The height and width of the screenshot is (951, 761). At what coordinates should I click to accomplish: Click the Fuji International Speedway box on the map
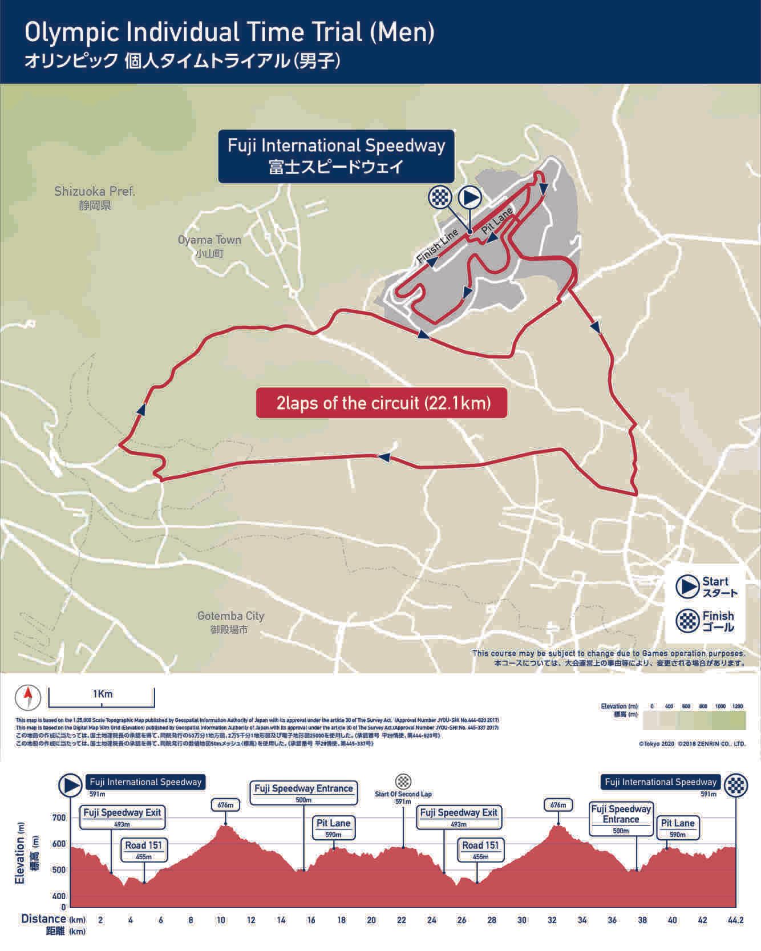pos(336,156)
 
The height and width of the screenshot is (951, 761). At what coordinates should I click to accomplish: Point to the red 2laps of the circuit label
pos(382,403)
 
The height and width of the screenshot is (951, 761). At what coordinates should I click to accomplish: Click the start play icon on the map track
pos(470,197)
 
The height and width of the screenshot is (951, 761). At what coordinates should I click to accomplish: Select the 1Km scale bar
pos(102,697)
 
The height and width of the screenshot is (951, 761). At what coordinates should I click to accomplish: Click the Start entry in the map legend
pos(706,586)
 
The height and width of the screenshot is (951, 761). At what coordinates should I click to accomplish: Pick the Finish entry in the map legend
pos(706,621)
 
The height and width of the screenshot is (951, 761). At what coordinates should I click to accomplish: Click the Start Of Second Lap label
pos(403,794)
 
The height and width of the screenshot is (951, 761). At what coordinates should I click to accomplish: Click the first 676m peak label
pos(225,805)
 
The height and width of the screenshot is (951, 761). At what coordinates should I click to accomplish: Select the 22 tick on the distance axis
pos(402,920)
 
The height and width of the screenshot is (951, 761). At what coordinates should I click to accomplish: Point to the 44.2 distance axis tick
pos(735,920)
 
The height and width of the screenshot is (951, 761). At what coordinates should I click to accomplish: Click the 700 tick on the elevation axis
pos(59,818)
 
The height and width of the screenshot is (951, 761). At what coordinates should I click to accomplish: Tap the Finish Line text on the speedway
pos(438,246)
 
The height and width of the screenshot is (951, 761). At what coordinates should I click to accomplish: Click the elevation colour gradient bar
pos(694,721)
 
